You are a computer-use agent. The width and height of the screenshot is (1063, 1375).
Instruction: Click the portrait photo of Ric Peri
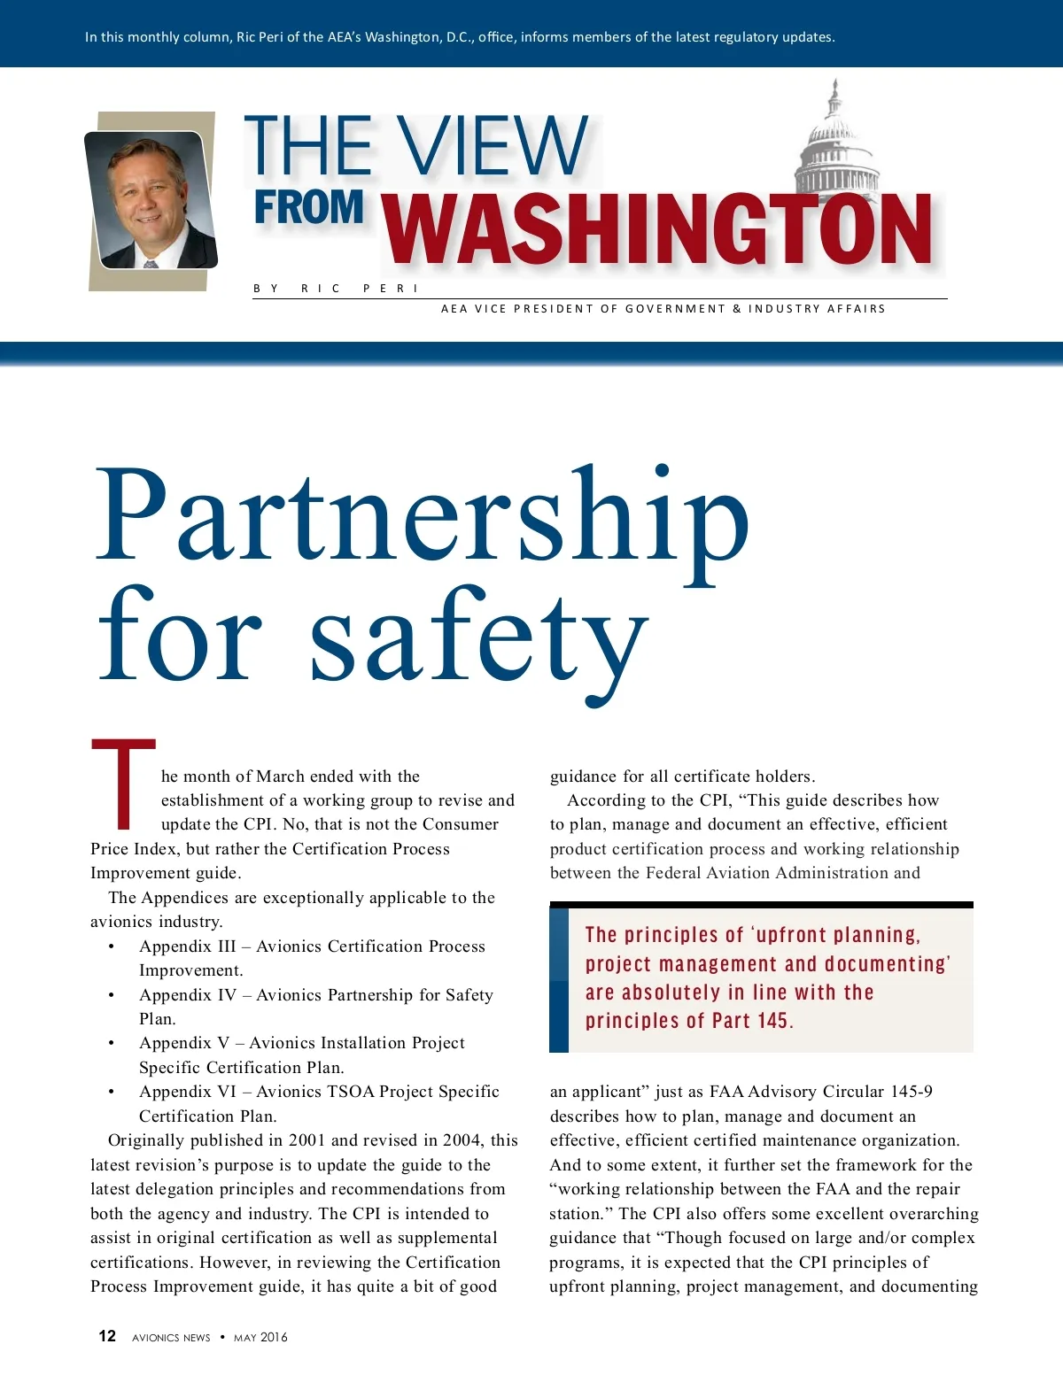click(x=151, y=200)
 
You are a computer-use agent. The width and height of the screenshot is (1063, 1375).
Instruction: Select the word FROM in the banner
click(x=309, y=208)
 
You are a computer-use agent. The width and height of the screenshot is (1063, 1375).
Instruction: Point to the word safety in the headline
click(x=479, y=637)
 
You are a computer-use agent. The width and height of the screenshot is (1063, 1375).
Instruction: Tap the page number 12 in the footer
click(x=107, y=1336)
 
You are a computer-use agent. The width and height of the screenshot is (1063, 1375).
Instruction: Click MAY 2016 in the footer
click(x=260, y=1337)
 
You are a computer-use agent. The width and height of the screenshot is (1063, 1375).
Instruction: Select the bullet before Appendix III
click(x=112, y=946)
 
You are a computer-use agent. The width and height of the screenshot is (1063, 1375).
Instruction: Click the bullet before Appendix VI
click(x=112, y=1092)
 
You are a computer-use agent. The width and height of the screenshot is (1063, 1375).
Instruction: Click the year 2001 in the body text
click(x=307, y=1140)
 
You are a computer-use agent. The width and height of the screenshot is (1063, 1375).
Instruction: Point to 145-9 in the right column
click(x=912, y=1092)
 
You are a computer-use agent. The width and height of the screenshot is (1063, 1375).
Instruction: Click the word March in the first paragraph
click(x=280, y=776)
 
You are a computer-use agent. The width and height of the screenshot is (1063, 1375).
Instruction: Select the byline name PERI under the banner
click(x=391, y=289)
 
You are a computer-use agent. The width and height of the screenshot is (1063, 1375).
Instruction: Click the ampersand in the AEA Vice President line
click(x=737, y=309)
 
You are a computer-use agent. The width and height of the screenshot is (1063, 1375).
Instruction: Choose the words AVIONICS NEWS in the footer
click(x=171, y=1337)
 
